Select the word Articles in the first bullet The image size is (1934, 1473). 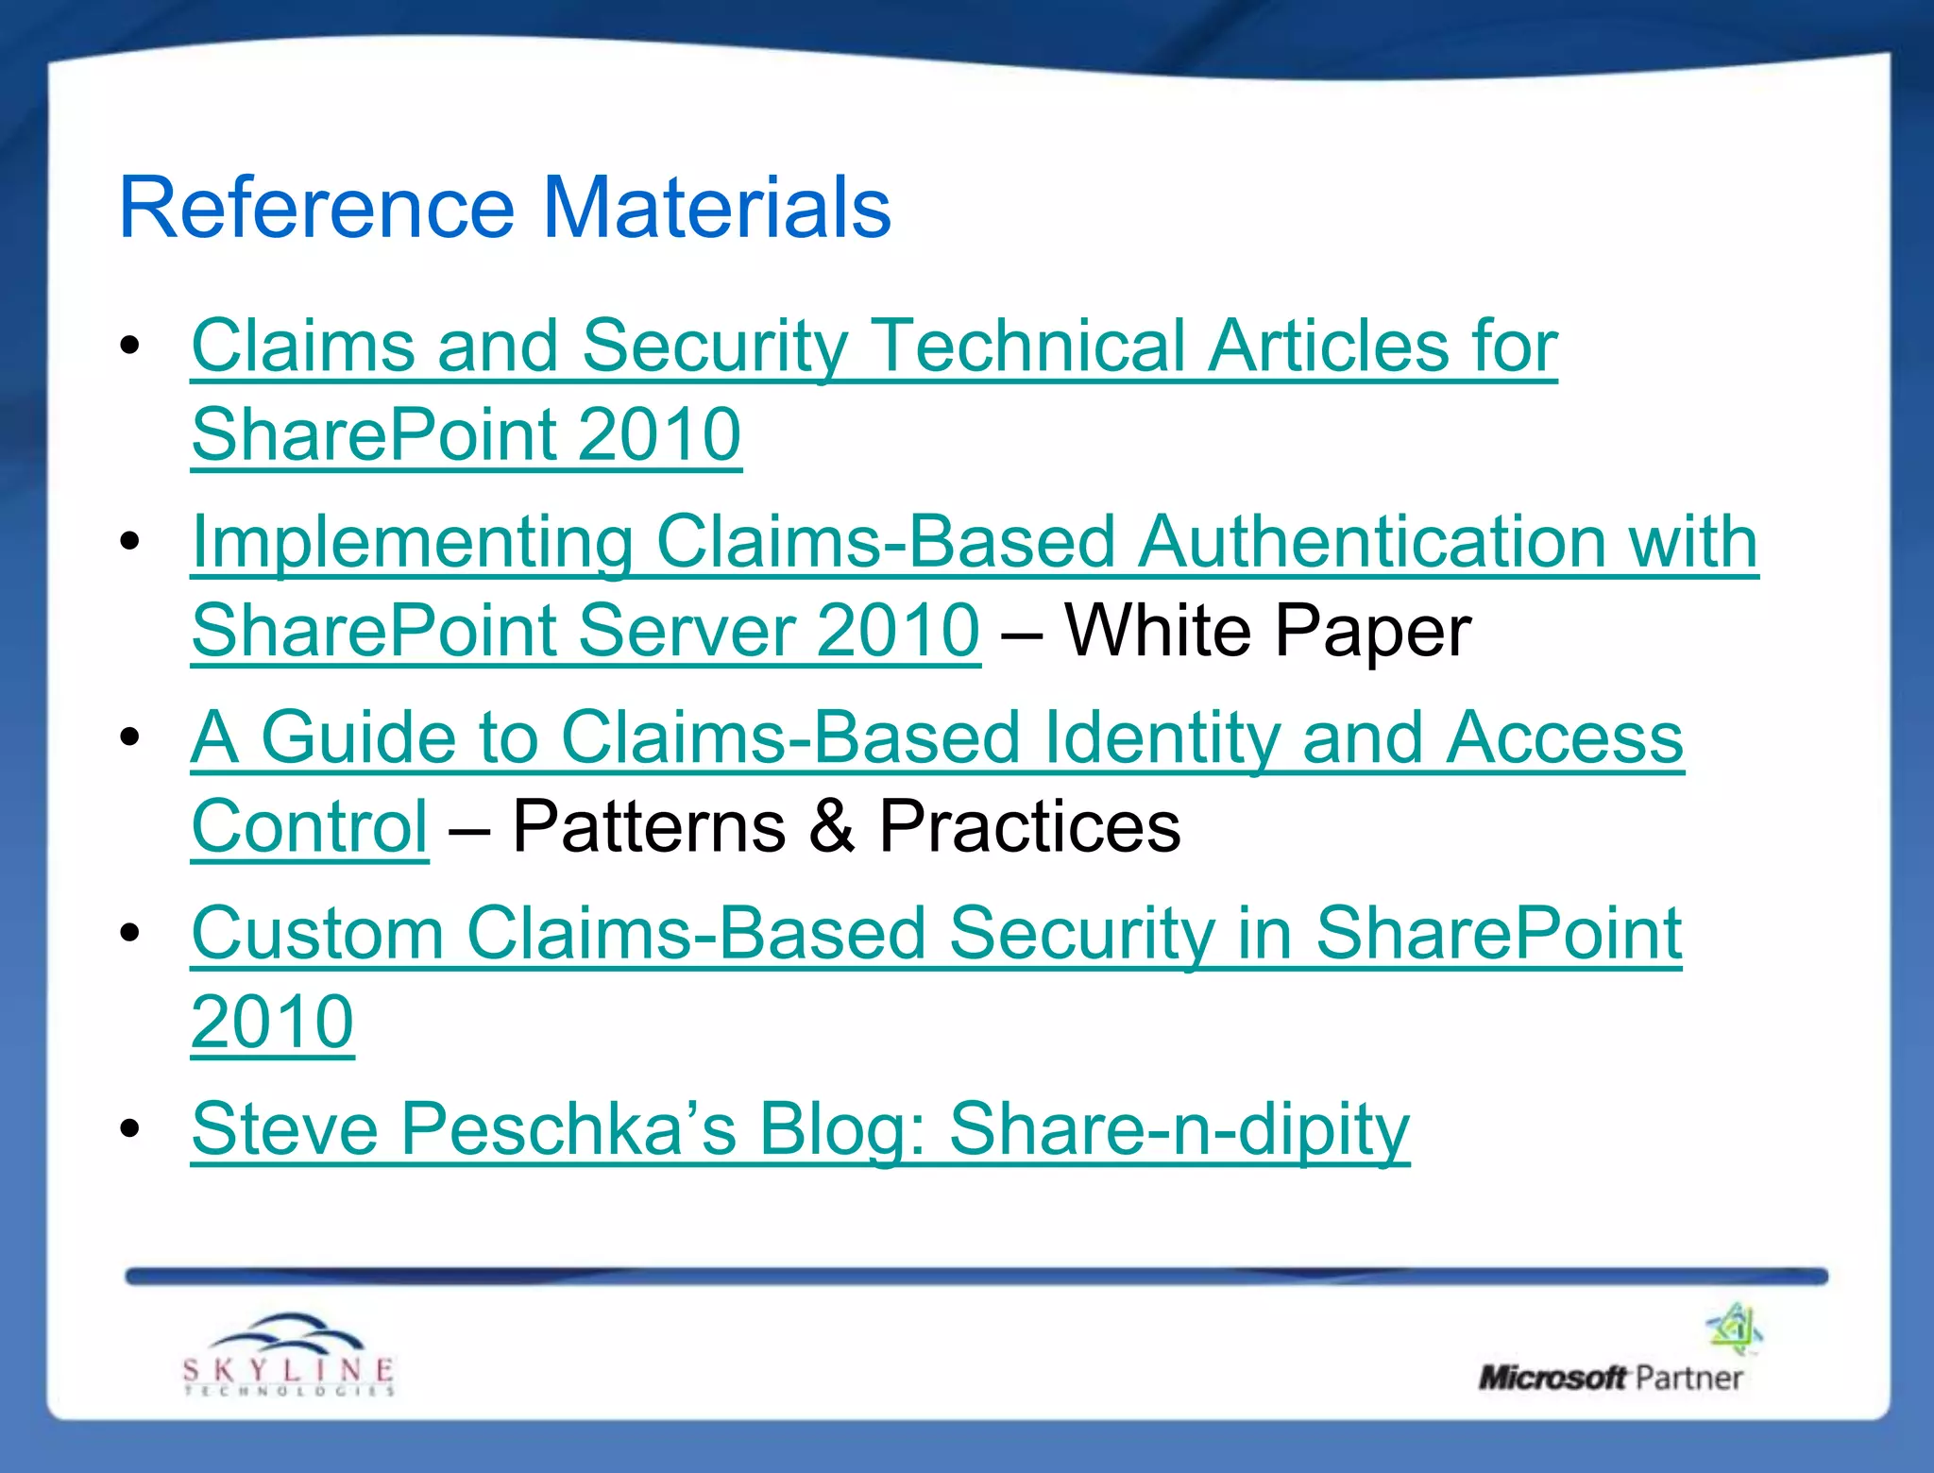click(1328, 346)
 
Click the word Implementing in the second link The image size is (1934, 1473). click(412, 543)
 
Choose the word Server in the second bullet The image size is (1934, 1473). click(685, 630)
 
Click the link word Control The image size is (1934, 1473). click(310, 826)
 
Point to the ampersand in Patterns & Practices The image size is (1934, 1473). click(832, 826)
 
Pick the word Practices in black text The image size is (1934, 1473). click(1029, 826)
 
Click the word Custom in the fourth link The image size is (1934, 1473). click(317, 934)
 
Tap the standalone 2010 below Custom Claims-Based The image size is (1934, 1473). click(272, 1022)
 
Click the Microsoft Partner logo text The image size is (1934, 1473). click(1610, 1378)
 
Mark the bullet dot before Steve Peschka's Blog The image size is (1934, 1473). click(130, 1127)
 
